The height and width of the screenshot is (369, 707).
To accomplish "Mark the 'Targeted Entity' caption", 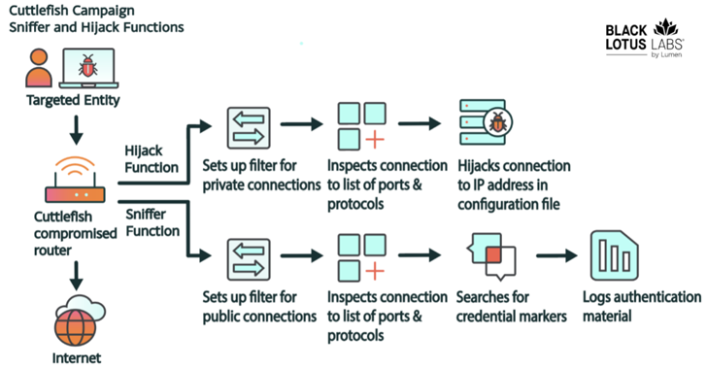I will click(67, 99).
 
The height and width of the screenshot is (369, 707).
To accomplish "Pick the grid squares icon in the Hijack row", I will click(361, 126).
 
